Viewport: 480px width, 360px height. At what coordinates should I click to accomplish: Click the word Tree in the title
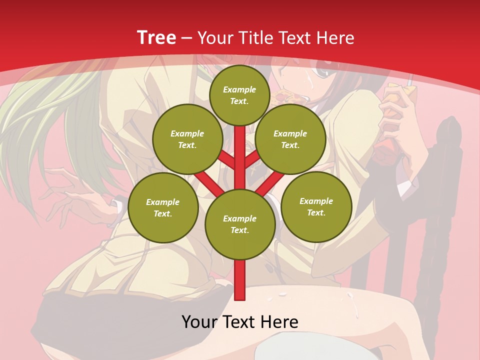pyautogui.click(x=156, y=38)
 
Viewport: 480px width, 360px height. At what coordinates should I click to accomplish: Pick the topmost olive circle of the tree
pyautogui.click(x=239, y=95)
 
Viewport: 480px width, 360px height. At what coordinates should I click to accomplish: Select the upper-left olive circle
pyautogui.click(x=187, y=139)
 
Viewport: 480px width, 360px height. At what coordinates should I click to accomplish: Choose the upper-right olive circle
pyautogui.click(x=290, y=139)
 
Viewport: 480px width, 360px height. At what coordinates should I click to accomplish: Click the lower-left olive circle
pyautogui.click(x=162, y=207)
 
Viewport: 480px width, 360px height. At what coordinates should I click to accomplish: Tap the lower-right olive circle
pyautogui.click(x=316, y=206)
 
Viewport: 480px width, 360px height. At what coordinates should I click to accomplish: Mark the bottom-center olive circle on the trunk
pyautogui.click(x=239, y=224)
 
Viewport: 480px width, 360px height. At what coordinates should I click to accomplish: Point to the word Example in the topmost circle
pyautogui.click(x=239, y=89)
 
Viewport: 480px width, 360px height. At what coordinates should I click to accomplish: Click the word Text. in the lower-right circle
pyautogui.click(x=316, y=212)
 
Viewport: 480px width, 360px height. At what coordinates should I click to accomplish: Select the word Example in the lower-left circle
pyautogui.click(x=162, y=202)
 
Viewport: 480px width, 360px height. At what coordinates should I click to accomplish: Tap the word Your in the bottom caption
pyautogui.click(x=199, y=322)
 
